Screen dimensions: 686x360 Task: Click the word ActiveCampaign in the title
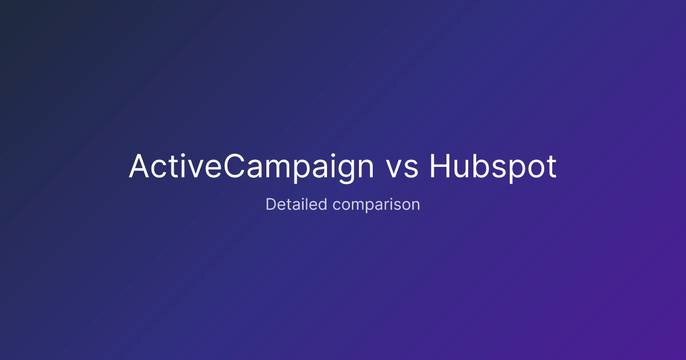tap(251, 167)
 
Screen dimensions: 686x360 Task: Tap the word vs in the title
tap(401, 169)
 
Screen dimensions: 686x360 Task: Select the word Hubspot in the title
tap(493, 167)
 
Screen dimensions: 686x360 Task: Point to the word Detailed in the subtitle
tap(296, 204)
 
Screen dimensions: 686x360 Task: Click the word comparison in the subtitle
tap(376, 205)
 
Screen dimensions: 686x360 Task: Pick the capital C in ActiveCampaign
tap(234, 166)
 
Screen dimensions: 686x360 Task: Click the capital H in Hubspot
tap(440, 166)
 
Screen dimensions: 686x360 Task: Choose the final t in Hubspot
tap(552, 167)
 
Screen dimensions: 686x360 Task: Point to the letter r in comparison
tap(387, 206)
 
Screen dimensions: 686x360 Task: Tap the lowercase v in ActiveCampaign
tap(195, 170)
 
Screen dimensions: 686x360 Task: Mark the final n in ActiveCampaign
tap(366, 169)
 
